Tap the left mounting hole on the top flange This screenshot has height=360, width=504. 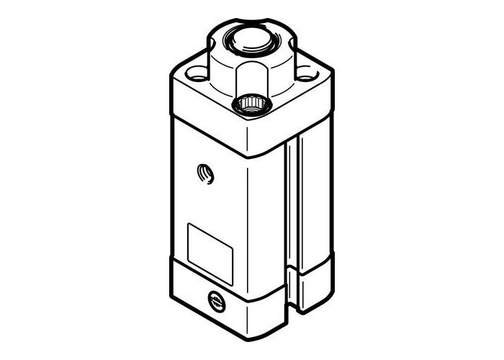pyautogui.click(x=197, y=73)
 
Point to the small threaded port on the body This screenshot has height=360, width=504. pyautogui.click(x=205, y=174)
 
